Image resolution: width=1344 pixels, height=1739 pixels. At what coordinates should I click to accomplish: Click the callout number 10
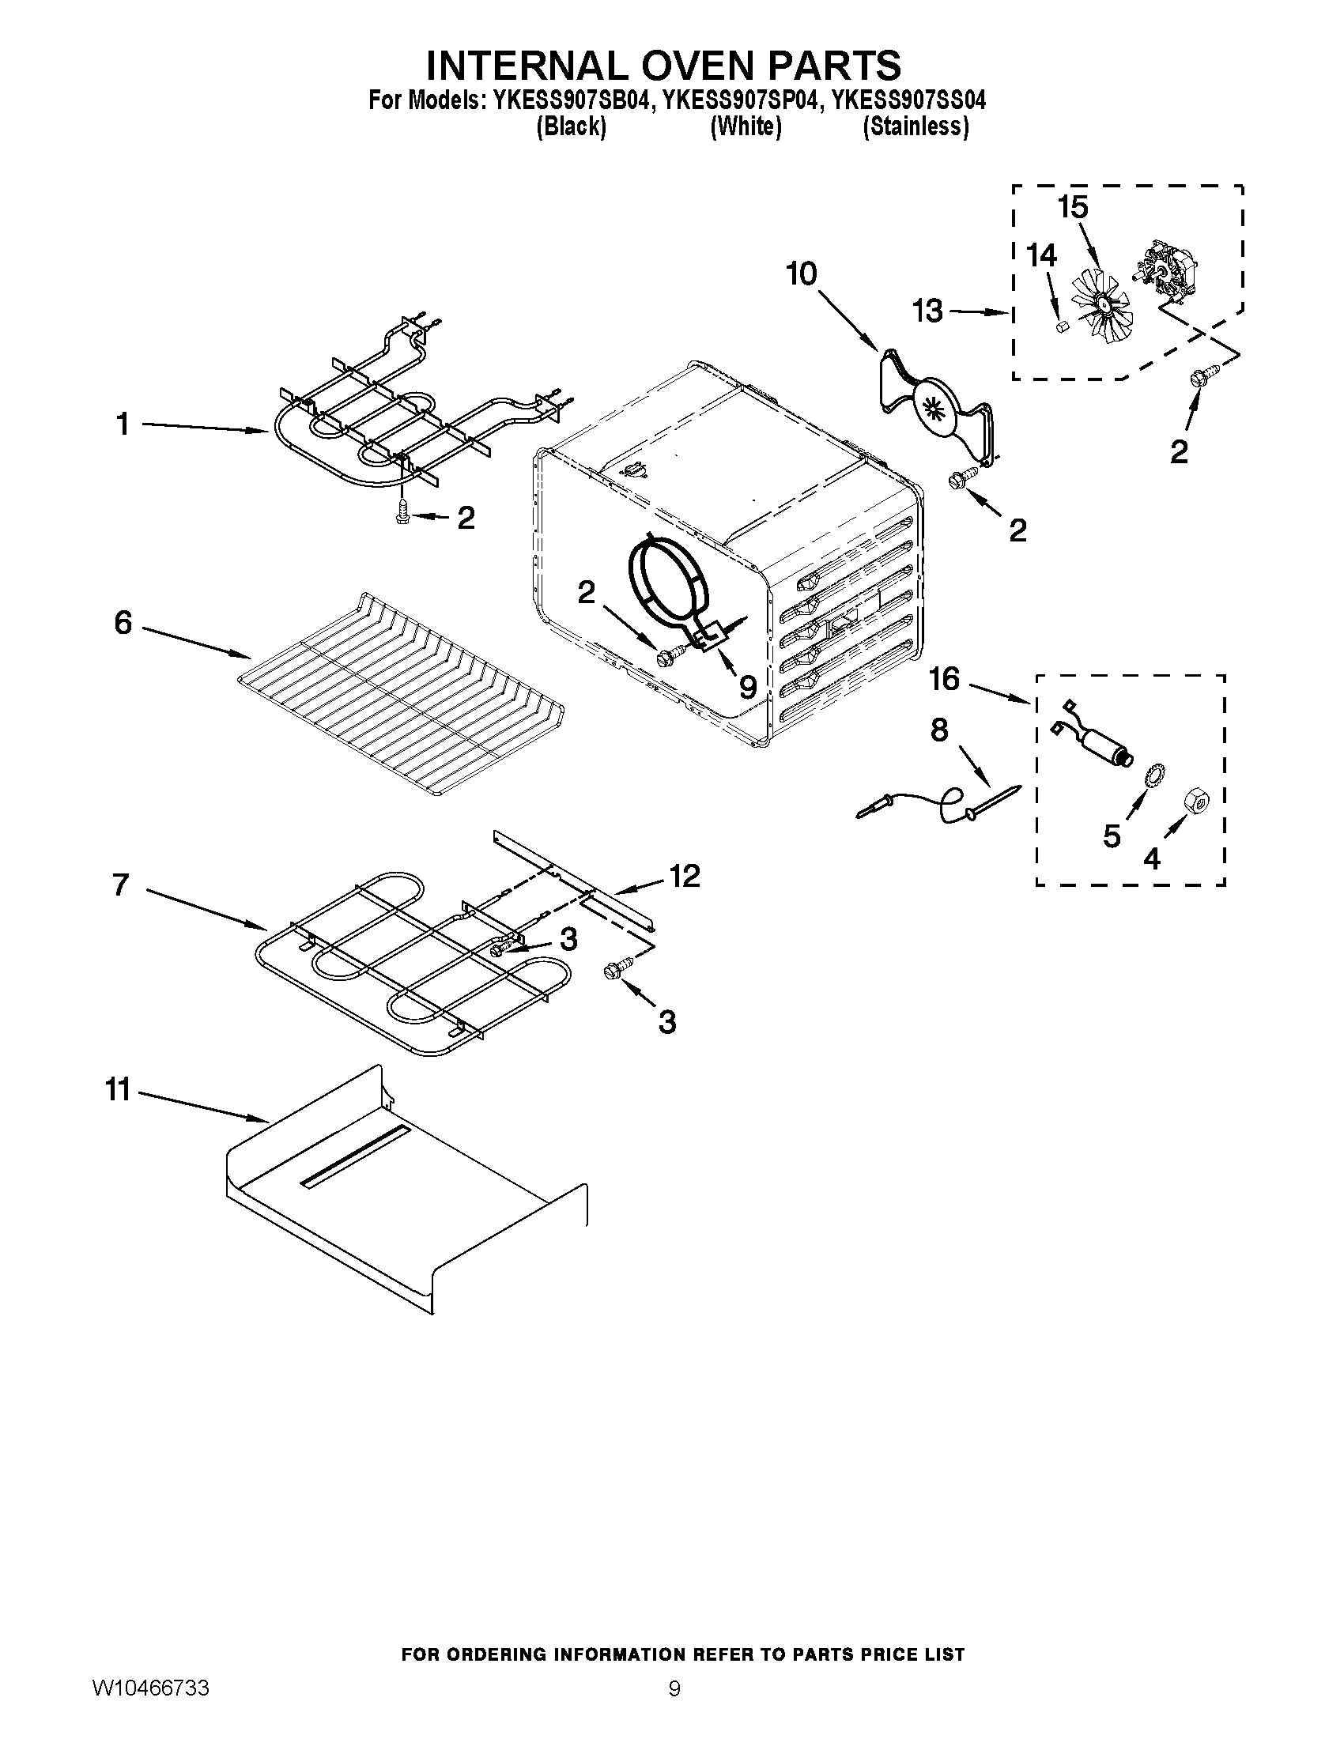point(801,274)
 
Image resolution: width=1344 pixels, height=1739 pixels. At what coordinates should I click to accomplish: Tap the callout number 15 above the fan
point(1073,207)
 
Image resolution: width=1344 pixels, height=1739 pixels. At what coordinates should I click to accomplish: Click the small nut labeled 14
point(1059,326)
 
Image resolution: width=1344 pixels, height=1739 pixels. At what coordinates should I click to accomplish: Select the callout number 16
point(944,679)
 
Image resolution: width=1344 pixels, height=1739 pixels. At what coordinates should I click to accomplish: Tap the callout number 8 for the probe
point(939,730)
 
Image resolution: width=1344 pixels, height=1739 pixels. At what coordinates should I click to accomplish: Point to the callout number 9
point(747,687)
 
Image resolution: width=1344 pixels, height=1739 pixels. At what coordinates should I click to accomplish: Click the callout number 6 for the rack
point(123,622)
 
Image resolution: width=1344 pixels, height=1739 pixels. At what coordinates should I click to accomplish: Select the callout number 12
point(684,876)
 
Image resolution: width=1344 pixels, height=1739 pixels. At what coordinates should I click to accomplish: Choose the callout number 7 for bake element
point(120,885)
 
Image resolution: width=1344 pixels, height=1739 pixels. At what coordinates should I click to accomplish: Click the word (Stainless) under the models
point(916,126)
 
